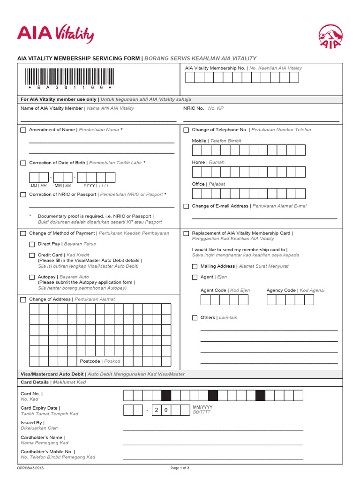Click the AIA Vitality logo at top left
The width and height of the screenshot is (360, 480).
tap(55, 34)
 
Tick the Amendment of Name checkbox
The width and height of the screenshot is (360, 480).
tap(23, 130)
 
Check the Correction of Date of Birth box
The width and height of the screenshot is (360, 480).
tap(23, 163)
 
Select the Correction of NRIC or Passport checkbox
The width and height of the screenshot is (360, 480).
tap(23, 195)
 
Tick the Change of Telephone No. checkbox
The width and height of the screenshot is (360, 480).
tap(186, 130)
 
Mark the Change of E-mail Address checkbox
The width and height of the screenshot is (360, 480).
tap(186, 206)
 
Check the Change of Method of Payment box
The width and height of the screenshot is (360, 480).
tap(23, 233)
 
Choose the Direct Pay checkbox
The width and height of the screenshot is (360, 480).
tap(32, 244)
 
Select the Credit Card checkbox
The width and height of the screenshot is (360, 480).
tap(32, 255)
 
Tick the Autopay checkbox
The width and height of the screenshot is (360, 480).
tap(32, 277)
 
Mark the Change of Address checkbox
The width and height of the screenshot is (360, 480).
tap(23, 300)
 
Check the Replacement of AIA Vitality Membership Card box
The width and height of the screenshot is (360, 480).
tap(186, 233)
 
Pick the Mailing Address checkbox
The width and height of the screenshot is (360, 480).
tap(195, 266)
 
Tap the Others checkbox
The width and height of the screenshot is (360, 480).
tap(195, 318)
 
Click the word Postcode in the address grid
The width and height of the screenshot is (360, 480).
tap(90, 361)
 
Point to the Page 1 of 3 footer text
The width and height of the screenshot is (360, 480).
tap(180, 468)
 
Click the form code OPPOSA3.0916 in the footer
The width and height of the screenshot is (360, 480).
tap(30, 468)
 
